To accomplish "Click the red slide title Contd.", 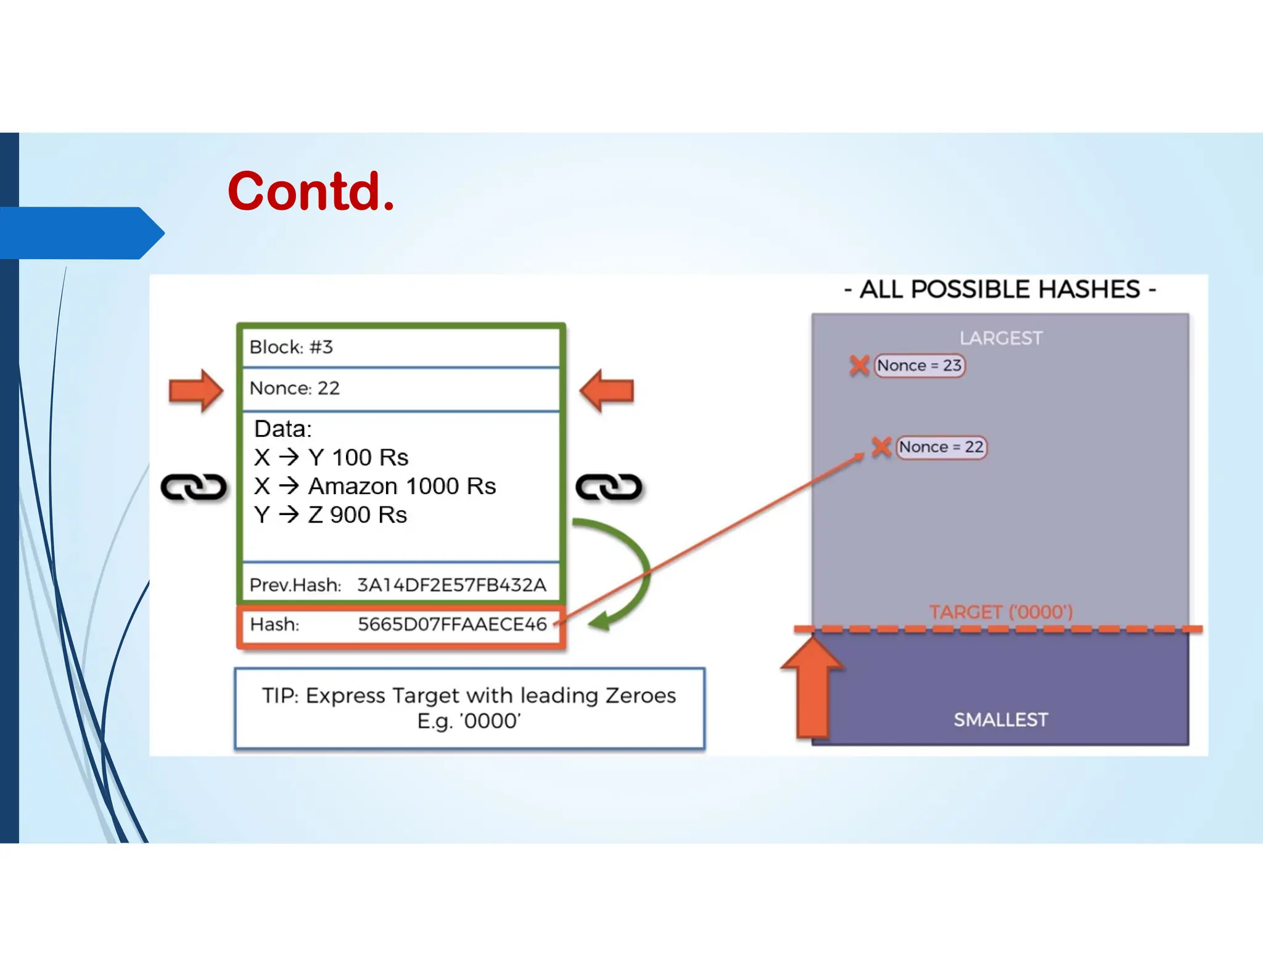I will pyautogui.click(x=311, y=191).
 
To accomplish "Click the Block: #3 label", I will pyautogui.click(x=291, y=347).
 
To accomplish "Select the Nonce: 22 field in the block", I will pyautogui.click(x=295, y=388).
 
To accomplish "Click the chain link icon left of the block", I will pyautogui.click(x=194, y=487).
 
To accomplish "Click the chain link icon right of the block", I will pyautogui.click(x=609, y=487).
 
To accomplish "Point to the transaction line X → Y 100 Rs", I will pyautogui.click(x=331, y=457).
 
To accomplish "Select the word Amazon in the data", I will pyautogui.click(x=353, y=486).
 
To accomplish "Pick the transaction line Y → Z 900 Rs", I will pyautogui.click(x=331, y=515).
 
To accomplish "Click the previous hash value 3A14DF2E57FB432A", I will pyautogui.click(x=451, y=585).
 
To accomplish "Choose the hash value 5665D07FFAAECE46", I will pyautogui.click(x=452, y=624).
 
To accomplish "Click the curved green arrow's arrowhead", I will pyautogui.click(x=600, y=621).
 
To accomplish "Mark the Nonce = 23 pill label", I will pyautogui.click(x=919, y=366).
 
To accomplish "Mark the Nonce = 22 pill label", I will pyautogui.click(x=941, y=447).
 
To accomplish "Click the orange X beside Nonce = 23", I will pyautogui.click(x=859, y=365).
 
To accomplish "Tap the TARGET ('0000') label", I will pyautogui.click(x=1001, y=612).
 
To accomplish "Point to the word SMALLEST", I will pyautogui.click(x=1000, y=719).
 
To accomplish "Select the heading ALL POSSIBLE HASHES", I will pyautogui.click(x=1000, y=289).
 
